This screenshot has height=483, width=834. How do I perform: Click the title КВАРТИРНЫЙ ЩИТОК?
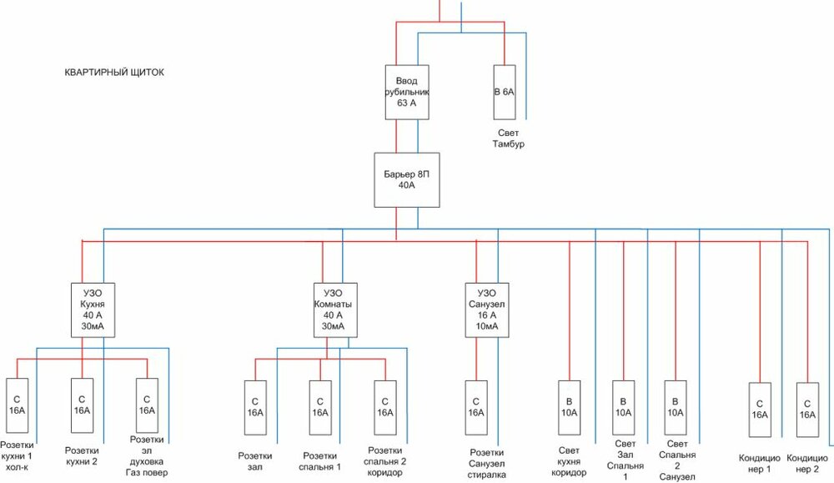[114, 73]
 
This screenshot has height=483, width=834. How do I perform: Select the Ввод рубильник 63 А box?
[407, 91]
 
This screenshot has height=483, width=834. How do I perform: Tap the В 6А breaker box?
[505, 91]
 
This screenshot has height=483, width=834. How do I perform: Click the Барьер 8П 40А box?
[406, 179]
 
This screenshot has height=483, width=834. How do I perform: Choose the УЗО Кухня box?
[93, 309]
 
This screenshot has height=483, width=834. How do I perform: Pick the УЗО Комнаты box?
[332, 309]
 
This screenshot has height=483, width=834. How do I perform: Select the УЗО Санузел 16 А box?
[488, 309]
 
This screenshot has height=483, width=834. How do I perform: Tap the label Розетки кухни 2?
[82, 455]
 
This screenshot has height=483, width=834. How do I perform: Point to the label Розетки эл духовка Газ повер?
[148, 455]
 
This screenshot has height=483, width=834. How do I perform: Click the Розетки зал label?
[254, 461]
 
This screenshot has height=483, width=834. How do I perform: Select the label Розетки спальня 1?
[321, 461]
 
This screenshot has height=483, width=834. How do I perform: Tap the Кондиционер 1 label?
[759, 464]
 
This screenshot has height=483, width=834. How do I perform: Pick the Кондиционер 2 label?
[807, 464]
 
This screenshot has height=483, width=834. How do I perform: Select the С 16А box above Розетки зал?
[254, 406]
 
